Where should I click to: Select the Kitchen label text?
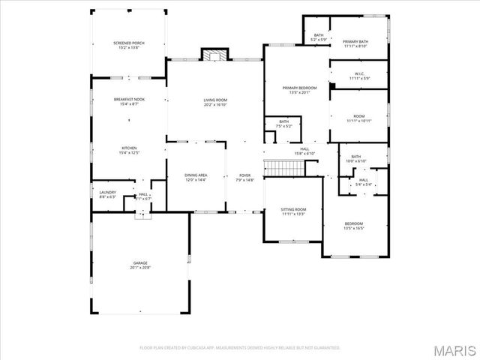pos(129,150)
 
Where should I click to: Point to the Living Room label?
pos(215,102)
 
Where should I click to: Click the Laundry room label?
pos(107,193)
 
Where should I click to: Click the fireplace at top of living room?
pos(215,55)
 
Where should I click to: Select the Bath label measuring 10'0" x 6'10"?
pos(355,159)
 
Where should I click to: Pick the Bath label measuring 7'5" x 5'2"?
pos(283,124)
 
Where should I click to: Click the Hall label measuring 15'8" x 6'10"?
pos(304,151)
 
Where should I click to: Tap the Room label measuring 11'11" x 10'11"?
pos(358,118)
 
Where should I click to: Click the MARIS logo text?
pos(456,350)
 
